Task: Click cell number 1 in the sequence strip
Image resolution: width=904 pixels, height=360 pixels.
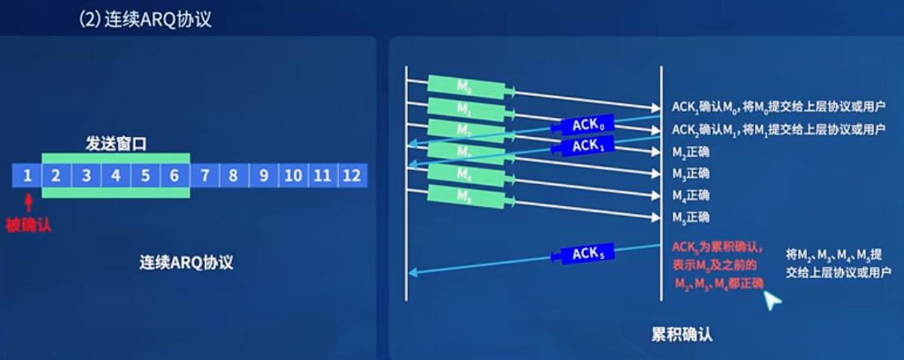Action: point(27,175)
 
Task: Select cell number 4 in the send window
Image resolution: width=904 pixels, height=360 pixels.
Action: point(116,175)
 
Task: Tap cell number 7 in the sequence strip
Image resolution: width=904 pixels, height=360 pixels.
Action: point(204,175)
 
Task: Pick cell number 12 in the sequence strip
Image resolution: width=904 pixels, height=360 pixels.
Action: point(352,175)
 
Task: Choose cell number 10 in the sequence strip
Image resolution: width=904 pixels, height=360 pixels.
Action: point(293,175)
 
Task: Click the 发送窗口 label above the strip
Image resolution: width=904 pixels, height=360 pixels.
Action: point(116,144)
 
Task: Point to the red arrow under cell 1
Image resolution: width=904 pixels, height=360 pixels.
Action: point(29,201)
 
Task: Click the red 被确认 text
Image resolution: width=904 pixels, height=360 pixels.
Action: point(29,225)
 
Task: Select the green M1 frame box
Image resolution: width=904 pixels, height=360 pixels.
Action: point(462,108)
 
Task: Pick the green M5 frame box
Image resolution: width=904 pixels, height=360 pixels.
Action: point(462,195)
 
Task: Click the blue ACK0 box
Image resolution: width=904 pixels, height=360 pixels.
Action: point(586,125)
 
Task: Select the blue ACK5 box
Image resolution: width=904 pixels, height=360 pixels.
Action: point(586,254)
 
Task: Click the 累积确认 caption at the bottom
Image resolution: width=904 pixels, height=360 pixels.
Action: point(682,334)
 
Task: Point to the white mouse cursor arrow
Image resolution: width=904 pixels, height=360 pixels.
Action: point(770,301)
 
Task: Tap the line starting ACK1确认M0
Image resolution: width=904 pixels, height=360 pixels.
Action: point(778,108)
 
